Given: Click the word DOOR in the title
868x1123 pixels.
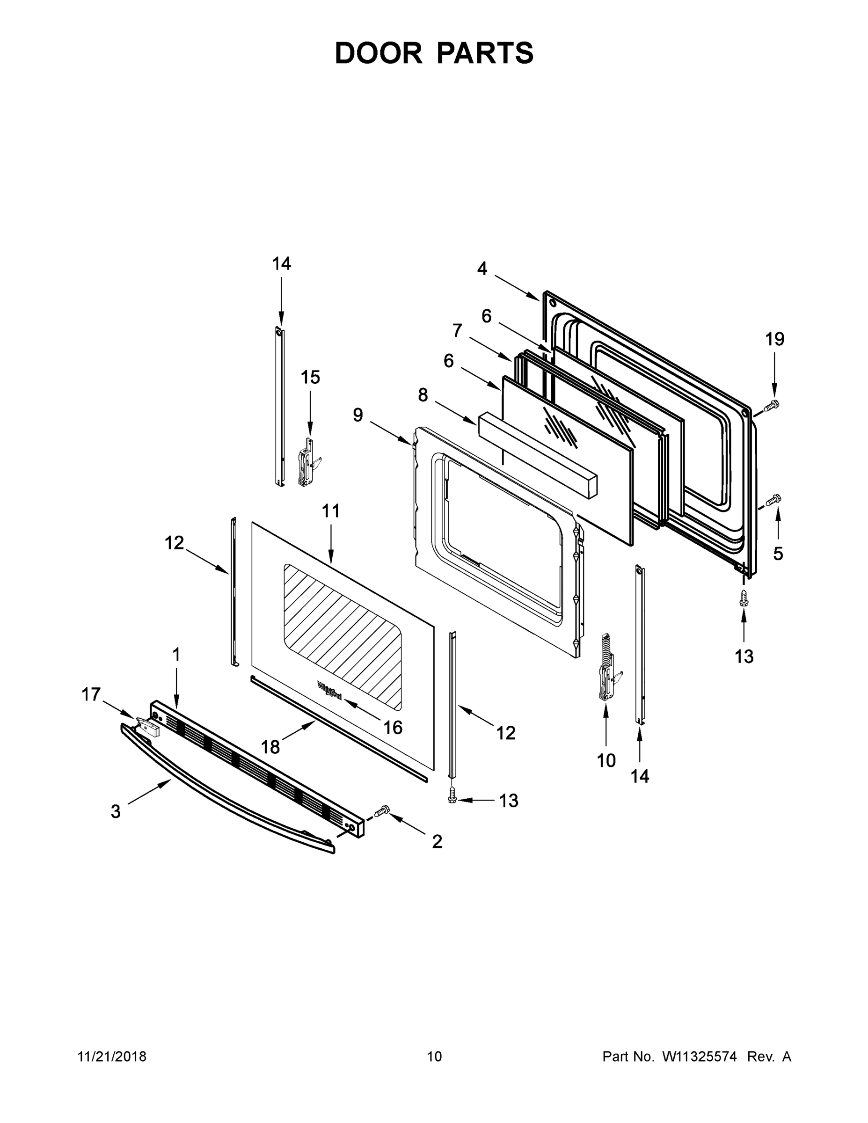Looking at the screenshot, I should [x=378, y=53].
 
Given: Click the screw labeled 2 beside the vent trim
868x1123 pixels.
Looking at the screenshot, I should [x=382, y=811].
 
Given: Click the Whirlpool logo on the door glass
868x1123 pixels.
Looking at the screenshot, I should [x=329, y=690].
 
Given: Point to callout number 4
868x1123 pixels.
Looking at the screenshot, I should [x=482, y=269].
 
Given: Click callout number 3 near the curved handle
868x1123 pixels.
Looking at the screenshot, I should [x=116, y=811].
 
